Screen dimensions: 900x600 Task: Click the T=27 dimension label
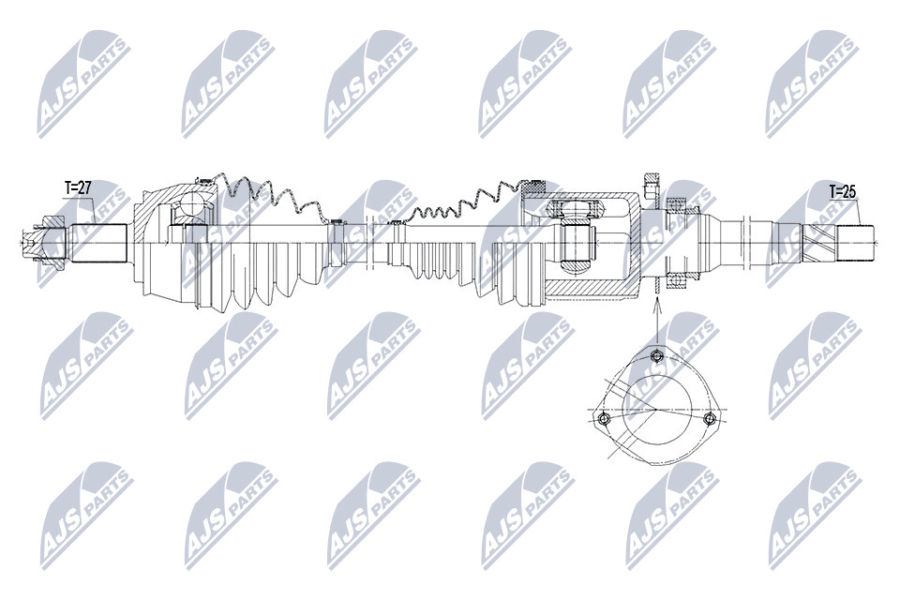coord(78,187)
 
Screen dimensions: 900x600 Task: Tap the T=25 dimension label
coord(842,192)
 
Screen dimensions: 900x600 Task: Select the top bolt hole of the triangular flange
coord(657,356)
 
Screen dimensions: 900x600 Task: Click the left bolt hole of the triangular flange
coord(603,419)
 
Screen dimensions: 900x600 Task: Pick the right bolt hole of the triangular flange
coord(711,418)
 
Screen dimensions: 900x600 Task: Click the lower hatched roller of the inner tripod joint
coord(577,266)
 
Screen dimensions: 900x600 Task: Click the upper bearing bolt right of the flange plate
coord(676,203)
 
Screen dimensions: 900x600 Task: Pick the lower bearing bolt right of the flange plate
coord(676,280)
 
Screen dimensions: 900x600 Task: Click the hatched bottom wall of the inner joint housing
coord(592,290)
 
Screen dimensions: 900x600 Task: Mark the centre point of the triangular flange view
coord(655,410)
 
